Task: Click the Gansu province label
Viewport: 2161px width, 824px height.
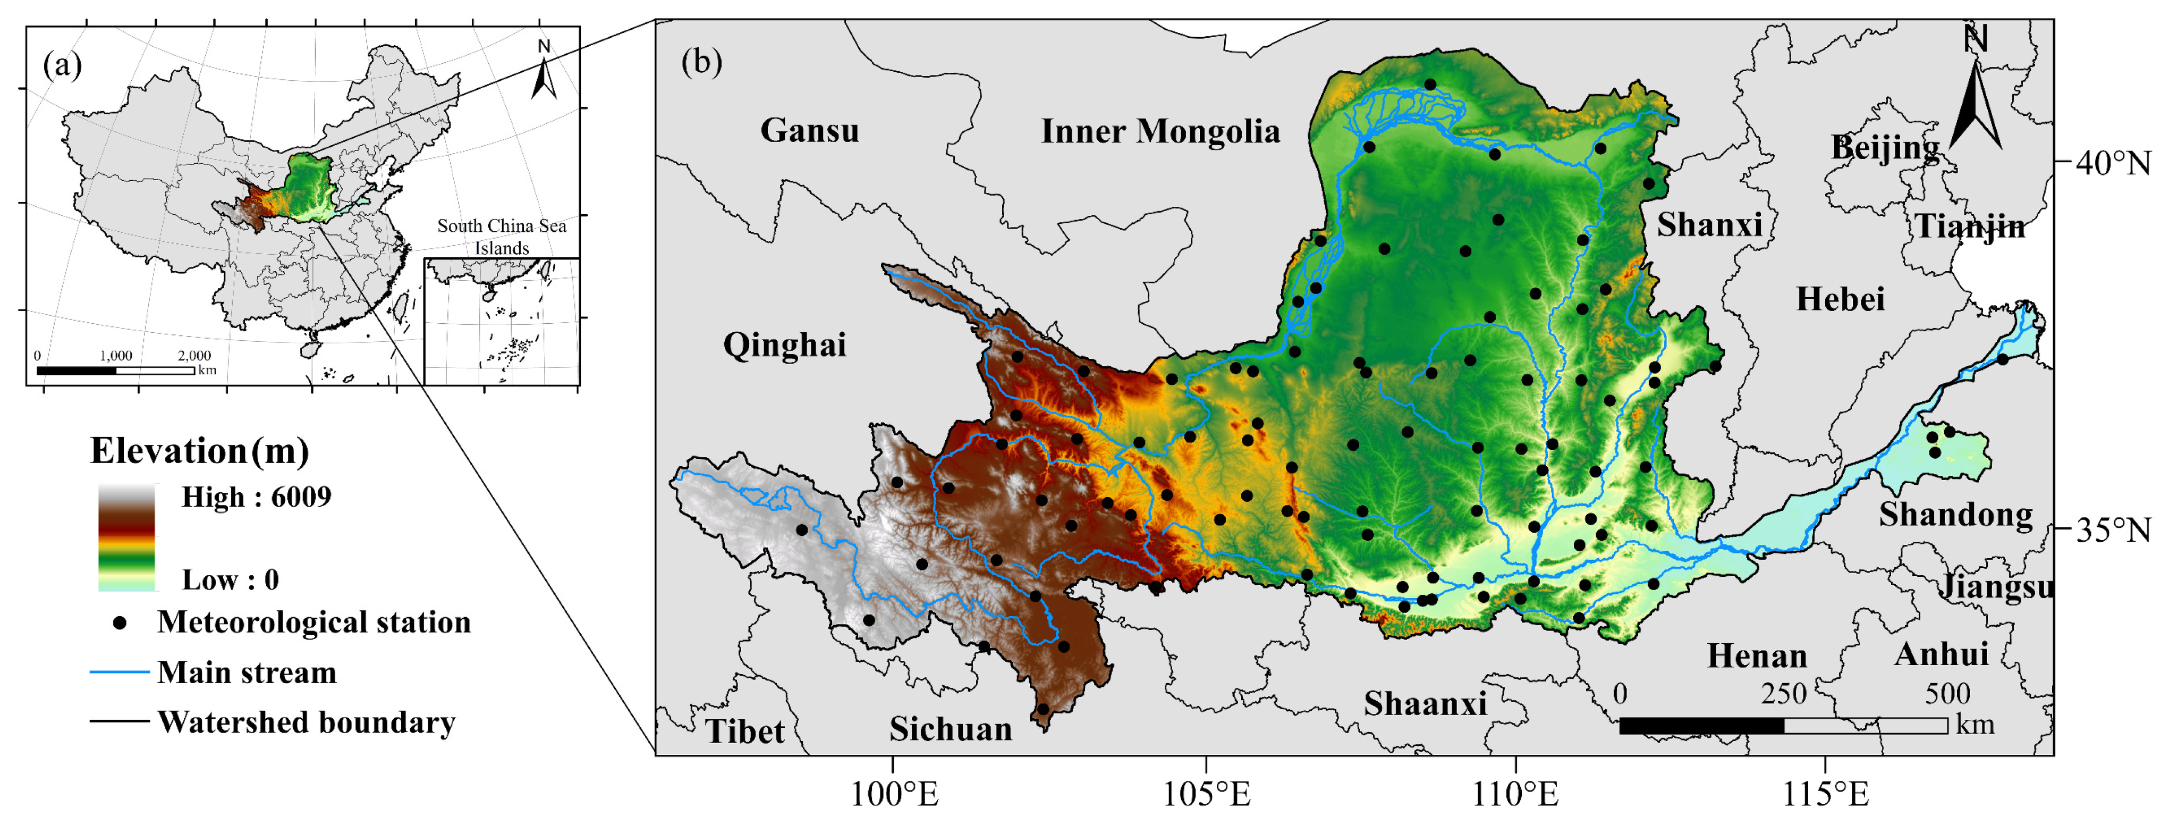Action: tap(810, 131)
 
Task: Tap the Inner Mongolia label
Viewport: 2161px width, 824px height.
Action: tap(1160, 132)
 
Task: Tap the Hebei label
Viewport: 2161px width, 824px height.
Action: tap(1840, 299)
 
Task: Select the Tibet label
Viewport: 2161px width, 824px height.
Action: tap(744, 731)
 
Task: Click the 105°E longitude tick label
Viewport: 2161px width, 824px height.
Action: tap(1206, 794)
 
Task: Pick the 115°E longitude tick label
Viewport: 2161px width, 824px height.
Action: tap(1825, 794)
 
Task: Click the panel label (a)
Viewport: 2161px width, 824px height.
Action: tap(62, 65)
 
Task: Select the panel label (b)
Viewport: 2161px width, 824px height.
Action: tap(702, 61)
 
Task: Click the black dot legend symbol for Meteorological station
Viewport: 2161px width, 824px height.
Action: tap(121, 623)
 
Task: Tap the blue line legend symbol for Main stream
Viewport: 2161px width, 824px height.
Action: tap(119, 672)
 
